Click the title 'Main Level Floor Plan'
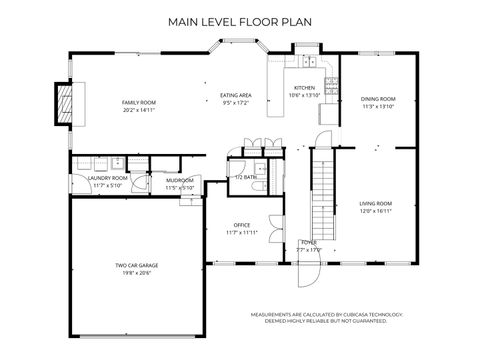coord(239,20)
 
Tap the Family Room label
coord(140,103)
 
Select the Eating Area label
coord(235,95)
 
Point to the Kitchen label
coord(304,88)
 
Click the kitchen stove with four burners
coord(306,63)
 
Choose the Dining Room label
coord(378,99)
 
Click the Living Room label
coord(375,204)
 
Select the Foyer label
coord(310,242)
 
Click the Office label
coord(241,225)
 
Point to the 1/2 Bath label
coord(245,176)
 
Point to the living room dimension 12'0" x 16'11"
coord(375,211)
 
